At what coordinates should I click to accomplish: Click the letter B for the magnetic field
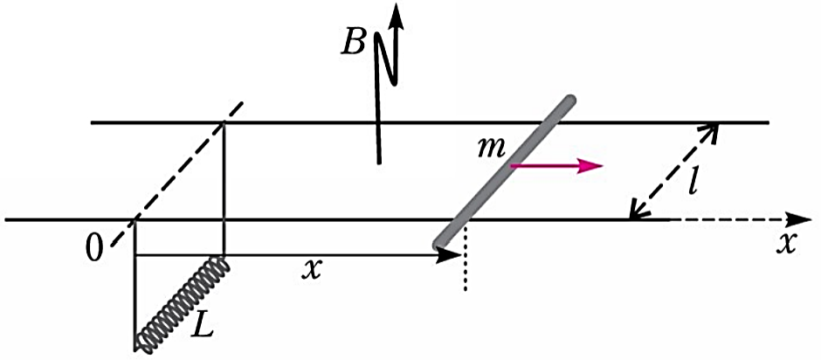pos(353,43)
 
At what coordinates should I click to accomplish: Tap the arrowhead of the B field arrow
pos(397,15)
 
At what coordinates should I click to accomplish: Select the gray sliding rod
pos(504,171)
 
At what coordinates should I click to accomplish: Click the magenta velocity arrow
pos(557,166)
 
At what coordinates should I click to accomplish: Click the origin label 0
pos(95,250)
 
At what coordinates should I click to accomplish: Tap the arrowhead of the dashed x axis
pos(797,219)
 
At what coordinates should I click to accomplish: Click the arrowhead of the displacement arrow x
pos(448,255)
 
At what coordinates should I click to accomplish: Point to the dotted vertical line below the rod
pos(465,255)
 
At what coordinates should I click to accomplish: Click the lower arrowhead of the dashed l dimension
pos(636,210)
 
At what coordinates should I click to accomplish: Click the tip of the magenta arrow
pos(603,166)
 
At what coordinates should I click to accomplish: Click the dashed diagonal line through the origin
pos(176,174)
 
